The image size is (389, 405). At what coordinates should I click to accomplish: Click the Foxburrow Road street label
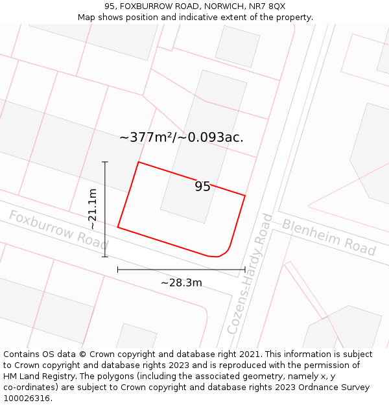click(x=58, y=230)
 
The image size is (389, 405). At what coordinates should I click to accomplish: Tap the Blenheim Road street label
click(x=329, y=237)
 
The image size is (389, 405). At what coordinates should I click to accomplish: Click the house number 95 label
click(x=202, y=187)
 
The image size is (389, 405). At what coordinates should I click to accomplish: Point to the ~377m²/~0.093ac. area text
click(x=182, y=137)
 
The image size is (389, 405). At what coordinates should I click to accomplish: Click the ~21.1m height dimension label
click(x=93, y=209)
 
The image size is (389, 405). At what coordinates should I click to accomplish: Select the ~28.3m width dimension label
click(x=182, y=283)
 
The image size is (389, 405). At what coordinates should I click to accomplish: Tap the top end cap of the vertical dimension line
click(x=105, y=162)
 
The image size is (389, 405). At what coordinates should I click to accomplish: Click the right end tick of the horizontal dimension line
click(x=245, y=269)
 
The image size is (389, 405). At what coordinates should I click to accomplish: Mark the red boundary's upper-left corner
click(x=139, y=162)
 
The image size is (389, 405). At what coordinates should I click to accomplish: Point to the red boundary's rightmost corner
click(x=245, y=195)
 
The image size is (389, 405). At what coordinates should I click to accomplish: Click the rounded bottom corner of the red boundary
click(x=224, y=253)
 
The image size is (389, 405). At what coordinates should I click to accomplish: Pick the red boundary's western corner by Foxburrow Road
click(x=118, y=227)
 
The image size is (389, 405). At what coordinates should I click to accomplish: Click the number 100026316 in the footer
click(x=28, y=399)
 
